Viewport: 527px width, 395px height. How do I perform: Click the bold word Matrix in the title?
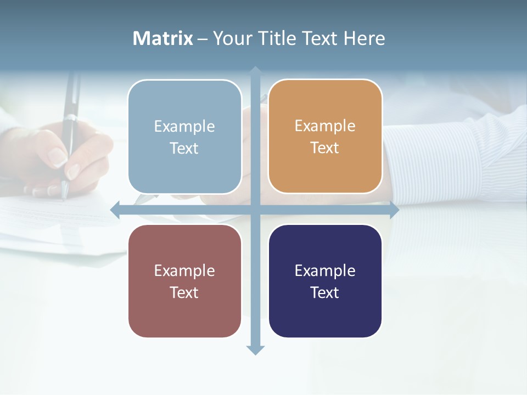162,38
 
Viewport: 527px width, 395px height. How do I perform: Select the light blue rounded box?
184,137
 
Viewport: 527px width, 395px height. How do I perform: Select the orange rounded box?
325,137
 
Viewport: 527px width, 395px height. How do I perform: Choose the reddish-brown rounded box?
184,281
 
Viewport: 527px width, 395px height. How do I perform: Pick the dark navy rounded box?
325,281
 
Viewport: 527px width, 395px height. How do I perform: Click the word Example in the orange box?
325,126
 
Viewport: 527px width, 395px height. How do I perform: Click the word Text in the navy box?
325,292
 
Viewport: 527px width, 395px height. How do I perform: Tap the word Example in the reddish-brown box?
184,270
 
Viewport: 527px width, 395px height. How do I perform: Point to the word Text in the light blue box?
184,148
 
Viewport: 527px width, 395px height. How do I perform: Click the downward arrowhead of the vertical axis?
255,349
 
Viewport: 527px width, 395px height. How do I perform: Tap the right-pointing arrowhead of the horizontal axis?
394,210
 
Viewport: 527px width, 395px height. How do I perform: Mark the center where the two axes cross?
255,210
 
